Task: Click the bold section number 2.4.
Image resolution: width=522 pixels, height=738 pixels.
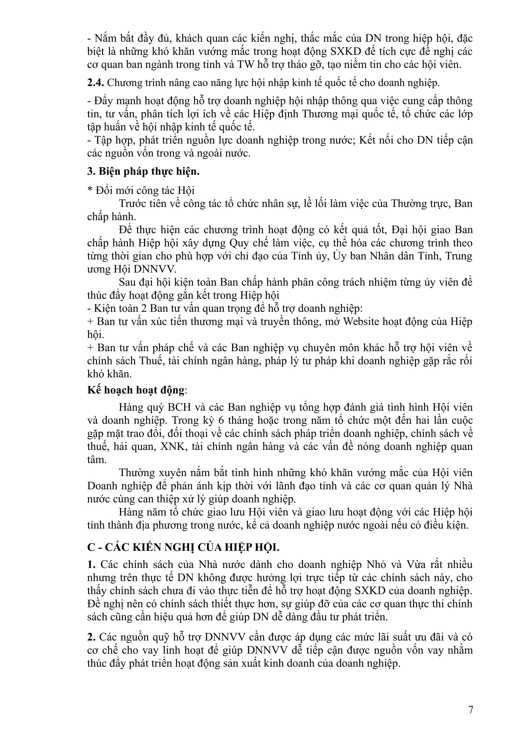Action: click(x=95, y=83)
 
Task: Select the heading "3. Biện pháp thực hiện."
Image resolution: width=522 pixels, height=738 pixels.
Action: click(x=143, y=171)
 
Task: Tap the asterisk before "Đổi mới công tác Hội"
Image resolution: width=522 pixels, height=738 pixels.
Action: click(x=90, y=190)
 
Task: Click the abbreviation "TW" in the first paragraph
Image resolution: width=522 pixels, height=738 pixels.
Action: click(x=245, y=65)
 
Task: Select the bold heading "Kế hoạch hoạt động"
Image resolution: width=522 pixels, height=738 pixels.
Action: click(x=136, y=390)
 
